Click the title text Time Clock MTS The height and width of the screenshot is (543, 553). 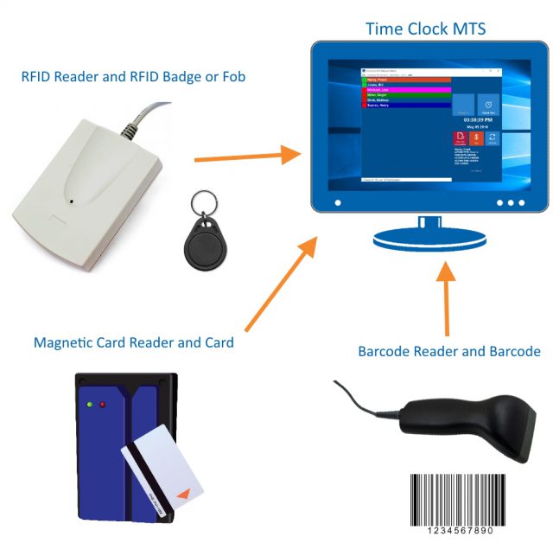(x=425, y=29)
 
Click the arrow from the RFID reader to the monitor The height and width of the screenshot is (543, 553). (x=247, y=157)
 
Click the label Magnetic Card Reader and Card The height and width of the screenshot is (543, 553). (x=134, y=342)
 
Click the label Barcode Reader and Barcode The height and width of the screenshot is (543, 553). (x=449, y=351)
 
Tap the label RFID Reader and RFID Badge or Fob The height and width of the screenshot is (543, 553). (x=133, y=77)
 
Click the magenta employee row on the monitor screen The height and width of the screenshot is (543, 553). (x=404, y=88)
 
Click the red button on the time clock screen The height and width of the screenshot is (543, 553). (x=460, y=138)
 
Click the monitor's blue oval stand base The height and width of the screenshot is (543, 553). (x=424, y=238)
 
